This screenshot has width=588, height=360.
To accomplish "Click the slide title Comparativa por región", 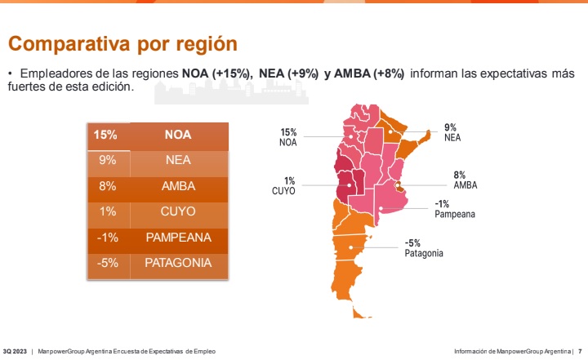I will click(x=122, y=43).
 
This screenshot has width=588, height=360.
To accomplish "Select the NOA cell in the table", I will click(x=178, y=135).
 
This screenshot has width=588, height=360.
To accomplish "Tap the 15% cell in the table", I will click(x=107, y=135).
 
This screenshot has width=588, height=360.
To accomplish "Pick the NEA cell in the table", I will click(x=178, y=161).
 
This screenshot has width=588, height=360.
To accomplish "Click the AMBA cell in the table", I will click(x=178, y=186).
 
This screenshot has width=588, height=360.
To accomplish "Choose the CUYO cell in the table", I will click(x=178, y=211).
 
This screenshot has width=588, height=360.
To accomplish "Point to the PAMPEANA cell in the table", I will click(x=178, y=238).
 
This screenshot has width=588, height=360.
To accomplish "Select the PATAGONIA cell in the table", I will click(x=178, y=263).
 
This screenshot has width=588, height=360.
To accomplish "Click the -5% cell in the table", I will click(x=107, y=263).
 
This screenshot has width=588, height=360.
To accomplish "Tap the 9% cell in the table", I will click(x=107, y=161).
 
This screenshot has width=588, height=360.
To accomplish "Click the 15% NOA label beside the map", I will click(x=288, y=137).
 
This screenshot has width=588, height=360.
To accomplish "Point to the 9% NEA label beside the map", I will click(x=452, y=132).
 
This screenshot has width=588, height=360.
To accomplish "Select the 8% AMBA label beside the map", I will click(x=465, y=180).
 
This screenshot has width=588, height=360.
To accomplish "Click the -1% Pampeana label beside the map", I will click(x=454, y=209).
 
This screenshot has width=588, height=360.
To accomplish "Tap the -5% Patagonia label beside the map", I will click(x=424, y=248).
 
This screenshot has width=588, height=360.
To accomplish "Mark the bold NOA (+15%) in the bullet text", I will click(x=216, y=73).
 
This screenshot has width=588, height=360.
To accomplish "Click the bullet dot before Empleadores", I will click(x=11, y=73).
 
